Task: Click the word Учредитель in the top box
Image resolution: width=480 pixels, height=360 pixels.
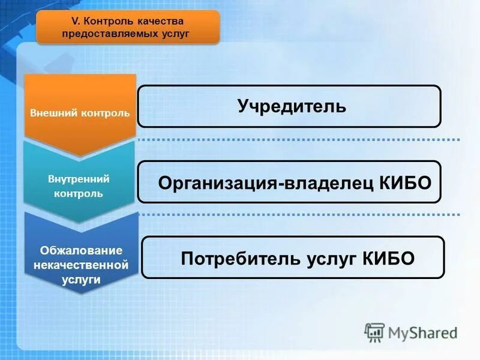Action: pyautogui.click(x=291, y=106)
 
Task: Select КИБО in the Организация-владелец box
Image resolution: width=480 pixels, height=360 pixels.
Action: pyautogui.click(x=406, y=182)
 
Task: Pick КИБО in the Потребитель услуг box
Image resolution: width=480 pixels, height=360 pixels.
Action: pyautogui.click(x=388, y=258)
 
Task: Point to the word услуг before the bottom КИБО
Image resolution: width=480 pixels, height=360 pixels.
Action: pyautogui.click(x=329, y=259)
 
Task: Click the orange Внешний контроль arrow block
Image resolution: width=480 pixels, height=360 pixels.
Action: pyautogui.click(x=80, y=113)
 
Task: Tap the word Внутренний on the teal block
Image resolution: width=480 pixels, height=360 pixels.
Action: pyautogui.click(x=78, y=179)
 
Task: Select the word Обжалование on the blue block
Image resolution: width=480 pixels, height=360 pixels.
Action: pyautogui.click(x=82, y=250)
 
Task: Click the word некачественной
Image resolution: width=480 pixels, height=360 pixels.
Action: pyautogui.click(x=82, y=264)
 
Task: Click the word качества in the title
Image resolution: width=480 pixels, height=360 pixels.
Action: pyautogui.click(x=162, y=22)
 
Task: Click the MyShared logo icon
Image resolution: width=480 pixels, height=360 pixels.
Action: pyautogui.click(x=375, y=332)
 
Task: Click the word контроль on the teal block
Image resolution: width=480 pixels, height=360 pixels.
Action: pyautogui.click(x=78, y=194)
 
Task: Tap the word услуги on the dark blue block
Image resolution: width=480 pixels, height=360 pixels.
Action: pyautogui.click(x=82, y=279)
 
